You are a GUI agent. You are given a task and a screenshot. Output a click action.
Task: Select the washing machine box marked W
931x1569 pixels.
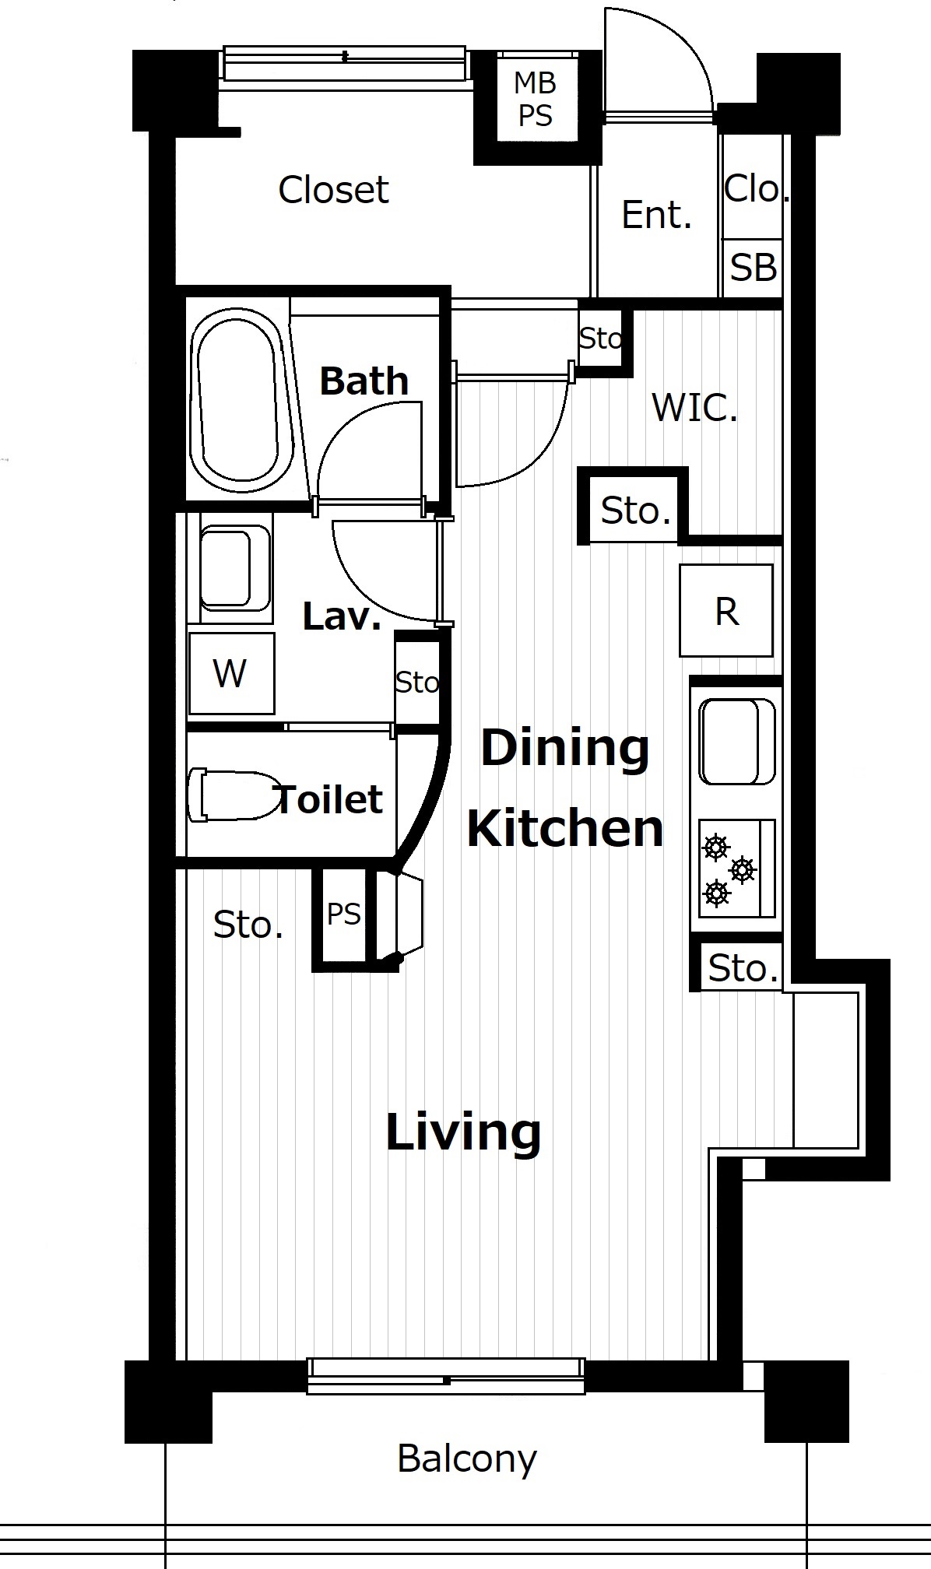(x=231, y=673)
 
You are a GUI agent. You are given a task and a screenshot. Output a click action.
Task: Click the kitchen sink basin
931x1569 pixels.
(x=737, y=742)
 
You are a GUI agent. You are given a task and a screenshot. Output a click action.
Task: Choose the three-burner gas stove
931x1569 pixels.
(x=736, y=868)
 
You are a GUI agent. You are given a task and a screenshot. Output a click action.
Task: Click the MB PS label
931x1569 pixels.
(x=536, y=99)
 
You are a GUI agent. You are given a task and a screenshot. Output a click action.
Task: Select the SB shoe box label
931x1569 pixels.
(x=753, y=268)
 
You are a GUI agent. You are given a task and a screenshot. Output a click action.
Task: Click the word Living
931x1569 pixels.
(x=463, y=1132)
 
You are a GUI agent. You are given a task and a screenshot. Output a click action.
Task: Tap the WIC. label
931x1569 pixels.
(x=694, y=407)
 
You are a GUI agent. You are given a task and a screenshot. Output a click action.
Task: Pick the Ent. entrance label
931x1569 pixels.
(x=656, y=215)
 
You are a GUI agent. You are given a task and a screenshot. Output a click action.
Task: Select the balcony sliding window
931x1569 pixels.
(x=446, y=1376)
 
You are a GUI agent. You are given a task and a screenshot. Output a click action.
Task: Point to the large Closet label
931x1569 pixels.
(x=333, y=190)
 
